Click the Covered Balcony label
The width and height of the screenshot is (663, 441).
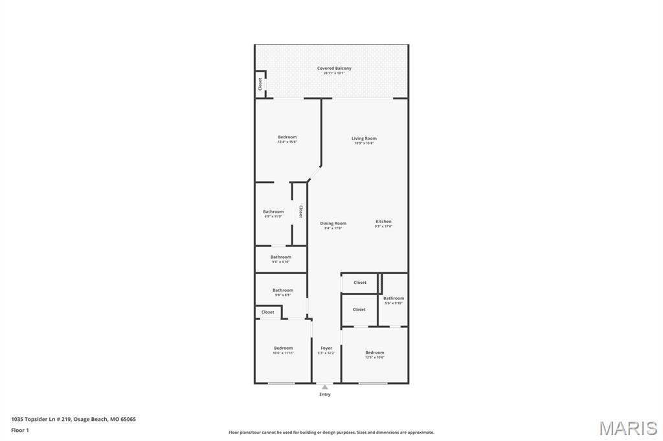point(334,69)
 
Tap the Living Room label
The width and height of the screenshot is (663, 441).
point(364,138)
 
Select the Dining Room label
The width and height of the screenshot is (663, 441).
point(333,224)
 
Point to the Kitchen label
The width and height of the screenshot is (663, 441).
point(383,222)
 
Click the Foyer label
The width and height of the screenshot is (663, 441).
point(326,349)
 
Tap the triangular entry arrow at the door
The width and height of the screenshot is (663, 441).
point(325,387)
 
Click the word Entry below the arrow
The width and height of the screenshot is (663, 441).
point(325,394)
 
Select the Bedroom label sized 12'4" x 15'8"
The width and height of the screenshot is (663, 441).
point(287,137)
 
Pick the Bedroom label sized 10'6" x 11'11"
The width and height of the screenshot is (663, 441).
point(283,349)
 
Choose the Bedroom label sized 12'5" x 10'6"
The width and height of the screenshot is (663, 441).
point(374,353)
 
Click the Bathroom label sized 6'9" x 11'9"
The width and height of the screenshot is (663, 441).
point(273,212)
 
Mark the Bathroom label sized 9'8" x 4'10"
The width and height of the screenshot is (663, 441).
point(281,257)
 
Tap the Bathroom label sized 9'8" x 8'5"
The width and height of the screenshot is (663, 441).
point(283,291)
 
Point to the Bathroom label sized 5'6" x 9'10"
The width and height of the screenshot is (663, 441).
point(394,299)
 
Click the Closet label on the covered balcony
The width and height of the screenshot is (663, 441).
point(260,84)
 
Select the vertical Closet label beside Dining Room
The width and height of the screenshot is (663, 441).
point(300,212)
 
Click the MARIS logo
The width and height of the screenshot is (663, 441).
point(628,428)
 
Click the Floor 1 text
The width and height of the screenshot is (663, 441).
point(20,430)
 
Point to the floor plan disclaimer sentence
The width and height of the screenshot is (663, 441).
point(331,433)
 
